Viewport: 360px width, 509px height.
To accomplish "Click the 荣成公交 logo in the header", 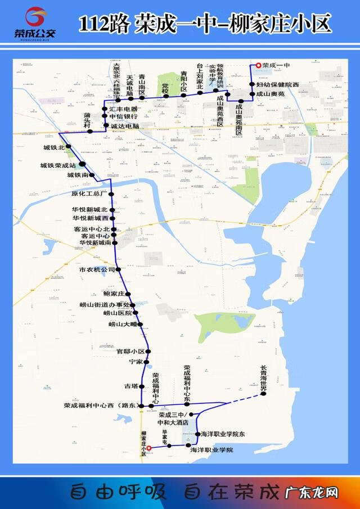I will click(x=35, y=24).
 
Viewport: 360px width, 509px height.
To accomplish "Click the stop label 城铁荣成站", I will click(x=58, y=165).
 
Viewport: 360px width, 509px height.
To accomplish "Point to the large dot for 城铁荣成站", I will click(x=82, y=164).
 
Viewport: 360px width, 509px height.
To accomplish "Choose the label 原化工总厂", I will click(x=89, y=194).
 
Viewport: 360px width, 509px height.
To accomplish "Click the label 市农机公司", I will click(x=97, y=270).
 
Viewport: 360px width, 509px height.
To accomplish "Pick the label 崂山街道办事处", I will click(x=104, y=305).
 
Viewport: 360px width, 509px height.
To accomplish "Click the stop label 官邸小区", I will click(x=130, y=351).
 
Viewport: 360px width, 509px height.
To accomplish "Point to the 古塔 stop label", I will click(x=130, y=386).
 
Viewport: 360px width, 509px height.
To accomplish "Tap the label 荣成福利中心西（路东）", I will click(x=100, y=405).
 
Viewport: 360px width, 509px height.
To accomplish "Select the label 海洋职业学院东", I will click(x=223, y=434).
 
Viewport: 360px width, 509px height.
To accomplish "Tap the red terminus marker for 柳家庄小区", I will click(x=149, y=448).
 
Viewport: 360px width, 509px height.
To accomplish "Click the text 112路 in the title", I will click(x=104, y=24).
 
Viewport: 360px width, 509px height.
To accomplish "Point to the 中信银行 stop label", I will click(x=123, y=116).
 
